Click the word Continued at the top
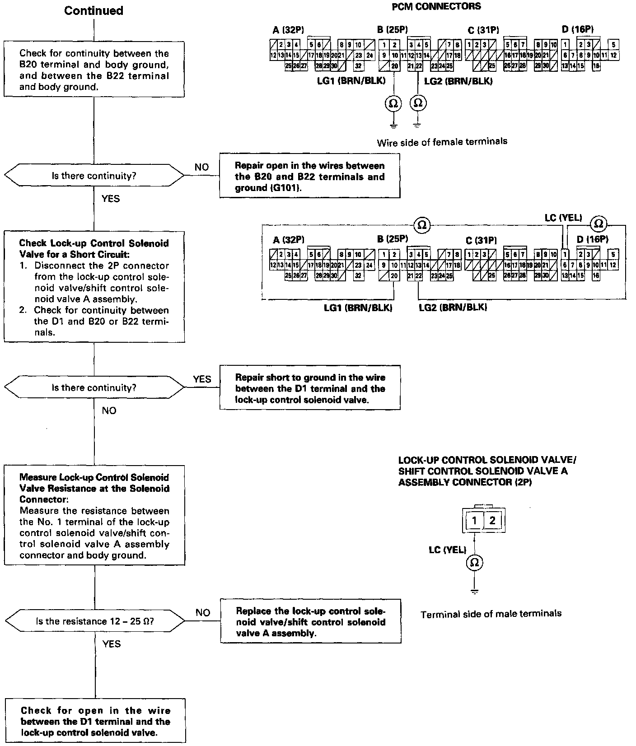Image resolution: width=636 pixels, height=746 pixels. (x=94, y=11)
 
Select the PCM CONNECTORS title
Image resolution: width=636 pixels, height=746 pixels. (x=436, y=6)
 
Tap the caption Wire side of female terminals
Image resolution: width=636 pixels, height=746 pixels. (x=442, y=142)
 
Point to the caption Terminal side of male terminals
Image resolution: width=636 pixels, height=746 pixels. (x=491, y=614)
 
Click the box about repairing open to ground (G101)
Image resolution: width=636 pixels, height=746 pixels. (x=310, y=176)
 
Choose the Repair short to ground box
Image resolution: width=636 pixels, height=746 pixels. (x=310, y=388)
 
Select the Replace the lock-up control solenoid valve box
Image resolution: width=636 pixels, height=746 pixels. (x=311, y=621)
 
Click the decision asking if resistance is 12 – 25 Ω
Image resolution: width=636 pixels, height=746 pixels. (x=94, y=621)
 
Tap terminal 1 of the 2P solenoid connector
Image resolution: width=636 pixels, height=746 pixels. (x=474, y=521)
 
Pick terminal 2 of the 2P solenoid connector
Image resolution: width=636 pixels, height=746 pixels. (x=492, y=521)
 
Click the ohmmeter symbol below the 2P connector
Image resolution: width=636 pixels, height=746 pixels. (x=474, y=563)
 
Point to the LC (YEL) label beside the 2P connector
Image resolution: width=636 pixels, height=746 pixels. (x=447, y=550)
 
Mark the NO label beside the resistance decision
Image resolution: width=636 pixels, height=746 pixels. (x=203, y=612)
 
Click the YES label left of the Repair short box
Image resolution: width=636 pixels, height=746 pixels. (x=202, y=379)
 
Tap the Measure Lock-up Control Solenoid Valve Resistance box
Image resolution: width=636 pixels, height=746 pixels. (x=94, y=515)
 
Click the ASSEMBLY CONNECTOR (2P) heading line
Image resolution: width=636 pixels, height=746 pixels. (x=464, y=482)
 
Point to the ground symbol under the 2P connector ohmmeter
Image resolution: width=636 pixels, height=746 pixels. (x=474, y=591)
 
